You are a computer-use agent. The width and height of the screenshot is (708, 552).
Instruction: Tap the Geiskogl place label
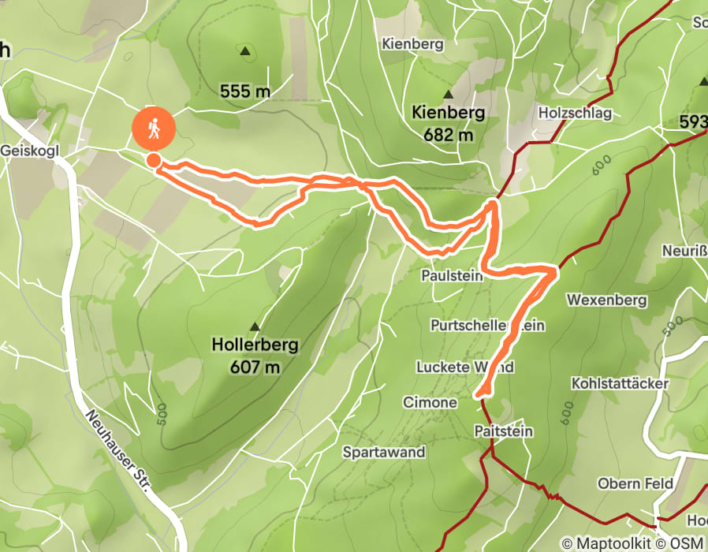coord(31,150)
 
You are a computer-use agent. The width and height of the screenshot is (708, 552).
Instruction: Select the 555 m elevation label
coord(245,92)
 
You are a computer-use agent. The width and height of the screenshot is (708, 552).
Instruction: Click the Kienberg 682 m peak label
coord(448,123)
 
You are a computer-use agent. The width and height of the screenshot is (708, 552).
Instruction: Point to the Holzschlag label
coord(575,113)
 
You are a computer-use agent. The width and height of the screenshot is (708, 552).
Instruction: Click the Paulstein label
coord(450,277)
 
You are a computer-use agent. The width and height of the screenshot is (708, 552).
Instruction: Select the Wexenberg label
coord(606,300)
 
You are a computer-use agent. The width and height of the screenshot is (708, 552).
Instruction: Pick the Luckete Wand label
coord(465,367)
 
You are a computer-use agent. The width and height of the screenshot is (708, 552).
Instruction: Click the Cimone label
coord(430,402)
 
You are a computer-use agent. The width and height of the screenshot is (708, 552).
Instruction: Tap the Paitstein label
coord(504,431)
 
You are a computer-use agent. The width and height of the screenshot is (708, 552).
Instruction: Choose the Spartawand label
coord(384,453)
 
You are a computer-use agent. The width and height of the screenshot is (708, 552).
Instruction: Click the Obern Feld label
coord(635,483)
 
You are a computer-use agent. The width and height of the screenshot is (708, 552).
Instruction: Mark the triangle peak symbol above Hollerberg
coord(255,326)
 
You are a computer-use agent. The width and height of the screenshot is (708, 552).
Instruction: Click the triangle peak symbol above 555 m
coord(245,53)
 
